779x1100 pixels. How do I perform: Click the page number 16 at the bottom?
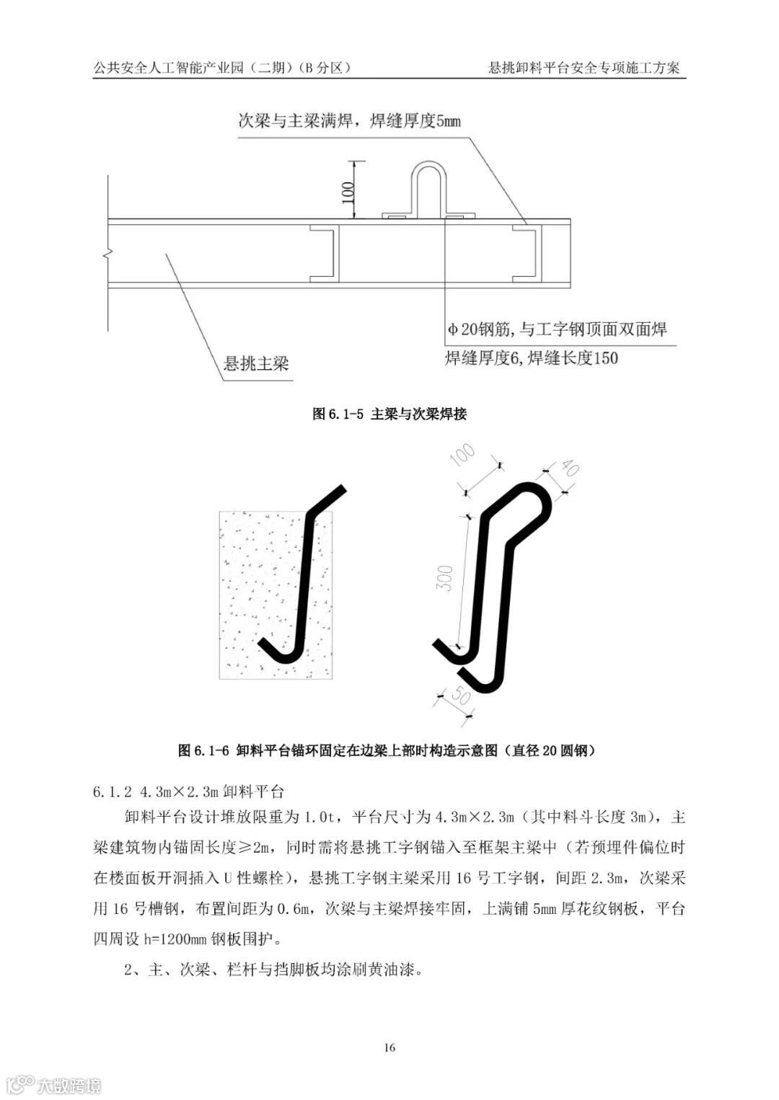tap(389, 1047)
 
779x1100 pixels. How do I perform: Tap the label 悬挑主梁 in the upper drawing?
tap(257, 363)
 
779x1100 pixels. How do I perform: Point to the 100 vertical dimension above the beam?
tap(348, 191)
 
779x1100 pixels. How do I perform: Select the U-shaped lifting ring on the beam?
tap(429, 190)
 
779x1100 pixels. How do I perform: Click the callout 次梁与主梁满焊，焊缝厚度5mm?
tap(349, 120)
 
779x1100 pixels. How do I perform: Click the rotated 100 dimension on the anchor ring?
tap(462, 456)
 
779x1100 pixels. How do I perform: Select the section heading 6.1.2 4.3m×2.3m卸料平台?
tap(190, 792)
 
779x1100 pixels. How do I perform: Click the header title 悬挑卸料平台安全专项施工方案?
tap(584, 68)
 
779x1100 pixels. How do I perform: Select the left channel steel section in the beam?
tap(325, 252)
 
